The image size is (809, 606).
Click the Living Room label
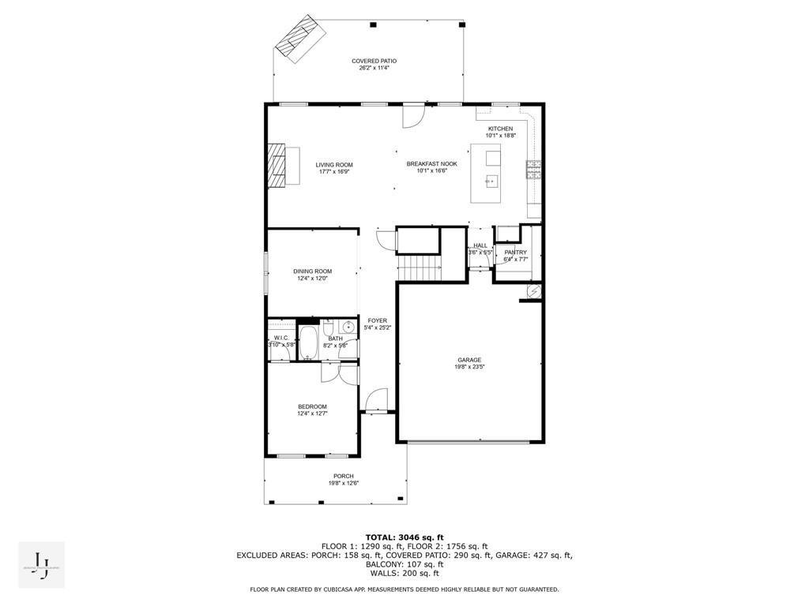334,164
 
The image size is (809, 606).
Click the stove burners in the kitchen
533,170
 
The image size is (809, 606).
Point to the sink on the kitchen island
492,182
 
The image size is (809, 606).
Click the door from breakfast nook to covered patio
413,116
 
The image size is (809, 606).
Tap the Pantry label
515,252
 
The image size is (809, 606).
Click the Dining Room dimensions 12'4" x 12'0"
312,279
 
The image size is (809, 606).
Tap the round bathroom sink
348,327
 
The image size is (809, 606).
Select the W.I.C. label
280,338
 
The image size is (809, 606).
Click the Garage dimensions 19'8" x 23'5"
469,367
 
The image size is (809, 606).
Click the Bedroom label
312,406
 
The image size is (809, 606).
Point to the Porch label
343,476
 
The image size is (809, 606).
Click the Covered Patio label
374,61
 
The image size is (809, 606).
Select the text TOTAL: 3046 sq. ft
404,537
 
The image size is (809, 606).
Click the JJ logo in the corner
41,563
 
